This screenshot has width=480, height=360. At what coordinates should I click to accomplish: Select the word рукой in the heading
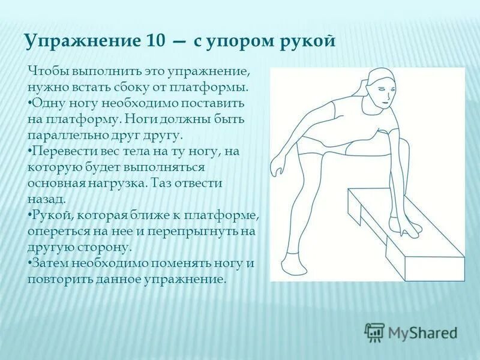tap(306, 41)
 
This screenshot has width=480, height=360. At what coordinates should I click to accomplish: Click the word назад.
tap(43, 199)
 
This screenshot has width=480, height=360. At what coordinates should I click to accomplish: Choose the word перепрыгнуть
tap(191, 231)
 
